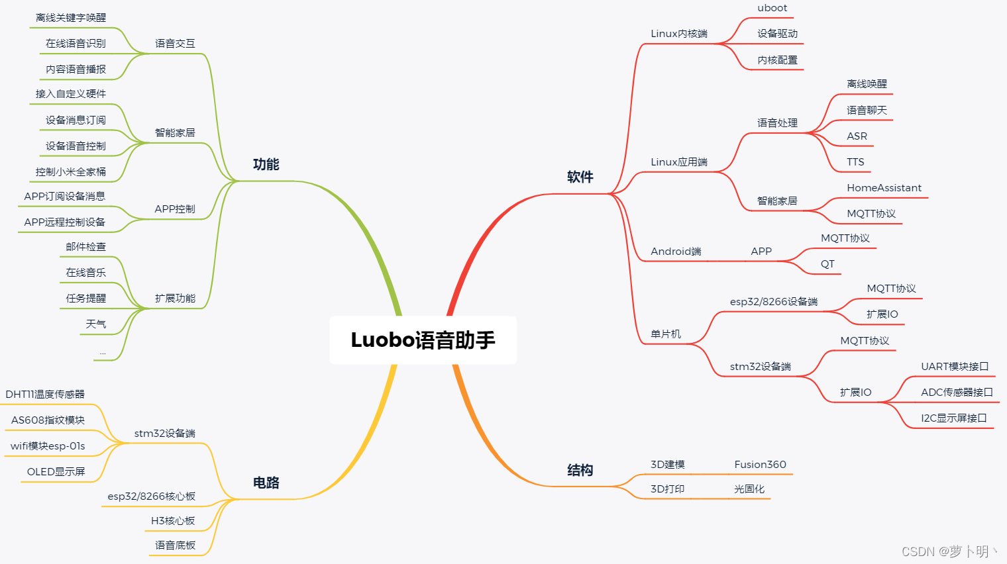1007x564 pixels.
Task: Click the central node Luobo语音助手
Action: tap(423, 340)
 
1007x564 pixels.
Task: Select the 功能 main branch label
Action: tap(266, 164)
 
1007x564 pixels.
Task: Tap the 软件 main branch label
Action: tap(580, 177)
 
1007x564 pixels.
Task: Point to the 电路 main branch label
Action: tap(266, 483)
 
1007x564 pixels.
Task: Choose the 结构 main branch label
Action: tap(580, 470)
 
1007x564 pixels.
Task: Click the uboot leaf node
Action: tap(772, 9)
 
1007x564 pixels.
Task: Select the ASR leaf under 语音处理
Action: tap(857, 136)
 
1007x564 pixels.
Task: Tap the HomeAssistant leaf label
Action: tap(884, 188)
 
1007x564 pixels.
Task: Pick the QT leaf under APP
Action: tap(827, 264)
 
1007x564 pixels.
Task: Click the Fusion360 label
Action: tap(760, 465)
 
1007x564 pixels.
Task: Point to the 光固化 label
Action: tap(749, 489)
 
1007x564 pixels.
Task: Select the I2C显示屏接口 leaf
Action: tap(953, 418)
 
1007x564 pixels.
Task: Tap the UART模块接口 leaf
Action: tap(954, 367)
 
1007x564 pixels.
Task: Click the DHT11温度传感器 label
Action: tap(45, 395)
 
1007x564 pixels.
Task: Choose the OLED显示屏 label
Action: tap(56, 472)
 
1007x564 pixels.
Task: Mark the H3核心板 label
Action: tap(173, 521)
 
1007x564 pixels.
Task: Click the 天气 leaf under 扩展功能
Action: tap(95, 324)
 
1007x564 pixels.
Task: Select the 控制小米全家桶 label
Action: tap(71, 172)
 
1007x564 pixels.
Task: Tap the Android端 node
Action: tap(676, 252)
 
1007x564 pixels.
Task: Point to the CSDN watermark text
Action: tap(949, 551)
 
